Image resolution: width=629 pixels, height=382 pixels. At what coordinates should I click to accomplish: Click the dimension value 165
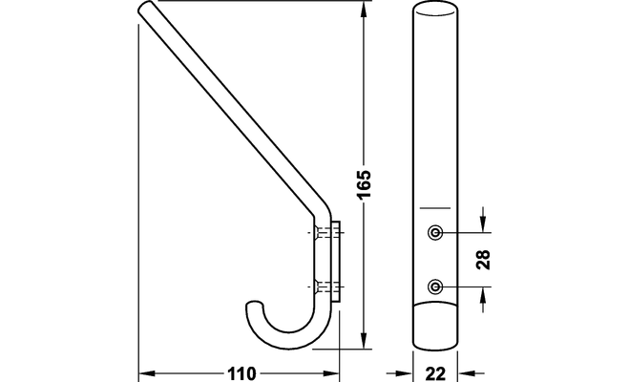coord(363,181)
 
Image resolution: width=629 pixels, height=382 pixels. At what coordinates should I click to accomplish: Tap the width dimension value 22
coord(436,373)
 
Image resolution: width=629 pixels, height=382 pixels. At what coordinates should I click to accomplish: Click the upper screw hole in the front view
coord(435,232)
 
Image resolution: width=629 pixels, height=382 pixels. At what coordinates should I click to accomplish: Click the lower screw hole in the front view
coord(435,285)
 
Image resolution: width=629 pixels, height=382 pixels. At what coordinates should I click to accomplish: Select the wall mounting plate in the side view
coord(335,258)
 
